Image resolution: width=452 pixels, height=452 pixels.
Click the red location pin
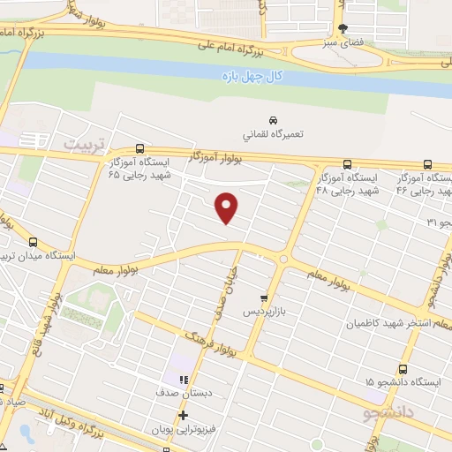pos(228,207)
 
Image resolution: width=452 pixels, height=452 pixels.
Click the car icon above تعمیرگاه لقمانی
pos(273,119)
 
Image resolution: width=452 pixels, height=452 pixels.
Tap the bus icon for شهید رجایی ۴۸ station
pos(346,163)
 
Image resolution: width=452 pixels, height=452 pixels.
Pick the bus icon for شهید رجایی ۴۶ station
pos(428,163)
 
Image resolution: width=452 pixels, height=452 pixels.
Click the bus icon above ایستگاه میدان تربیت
pos(34,242)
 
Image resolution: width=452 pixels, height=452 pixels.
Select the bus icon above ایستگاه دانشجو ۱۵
pos(403,368)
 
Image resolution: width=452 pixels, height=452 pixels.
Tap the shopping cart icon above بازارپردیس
pos(263,298)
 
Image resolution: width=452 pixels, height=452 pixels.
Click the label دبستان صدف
pos(183,391)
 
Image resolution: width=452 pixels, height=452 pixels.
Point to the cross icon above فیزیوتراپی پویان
pos(183,415)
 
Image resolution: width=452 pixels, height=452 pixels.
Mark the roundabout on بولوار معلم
pos(282,259)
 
